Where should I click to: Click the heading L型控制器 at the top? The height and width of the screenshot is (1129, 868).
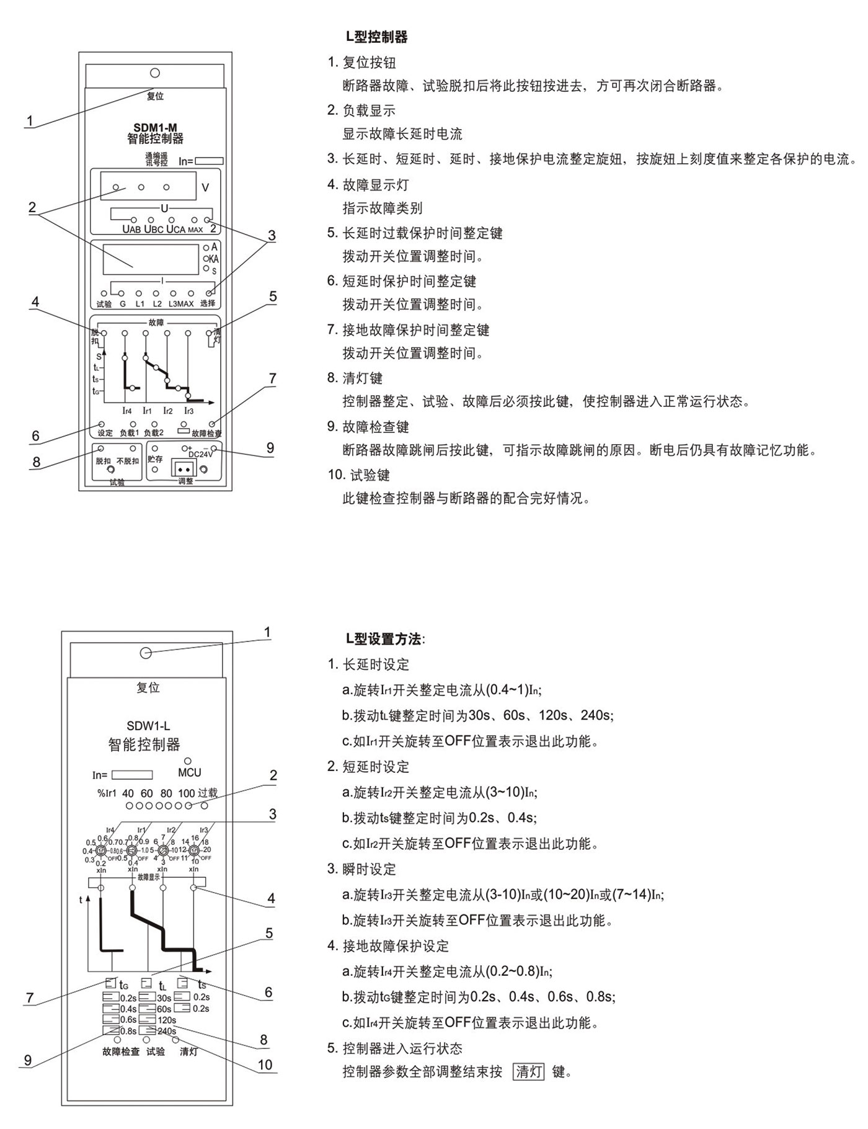point(376,37)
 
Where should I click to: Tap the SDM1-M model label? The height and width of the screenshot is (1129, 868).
point(155,128)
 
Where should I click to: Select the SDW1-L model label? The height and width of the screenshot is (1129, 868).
point(148,726)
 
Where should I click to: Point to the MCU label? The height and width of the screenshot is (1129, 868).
point(189,773)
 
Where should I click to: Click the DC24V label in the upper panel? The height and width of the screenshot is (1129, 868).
point(200,454)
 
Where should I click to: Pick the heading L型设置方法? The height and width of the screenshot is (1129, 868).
point(385,639)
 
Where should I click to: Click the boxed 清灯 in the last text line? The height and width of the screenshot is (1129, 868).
point(529,1071)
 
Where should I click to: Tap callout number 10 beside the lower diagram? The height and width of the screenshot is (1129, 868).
point(265,1064)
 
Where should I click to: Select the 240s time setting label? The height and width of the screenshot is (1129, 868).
point(167,1031)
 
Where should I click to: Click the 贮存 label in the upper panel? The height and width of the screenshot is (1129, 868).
point(155,460)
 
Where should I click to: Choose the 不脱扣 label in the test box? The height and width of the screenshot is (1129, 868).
point(128,462)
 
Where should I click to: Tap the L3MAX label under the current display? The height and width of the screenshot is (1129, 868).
point(181,304)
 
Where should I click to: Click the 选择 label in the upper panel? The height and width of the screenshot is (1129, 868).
point(208,304)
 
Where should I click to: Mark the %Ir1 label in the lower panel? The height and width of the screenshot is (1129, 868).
point(107,793)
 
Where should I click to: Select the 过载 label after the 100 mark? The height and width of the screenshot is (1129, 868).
point(208,793)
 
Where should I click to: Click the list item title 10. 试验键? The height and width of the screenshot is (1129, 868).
point(359,475)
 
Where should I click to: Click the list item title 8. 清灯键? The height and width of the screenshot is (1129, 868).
point(355,378)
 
